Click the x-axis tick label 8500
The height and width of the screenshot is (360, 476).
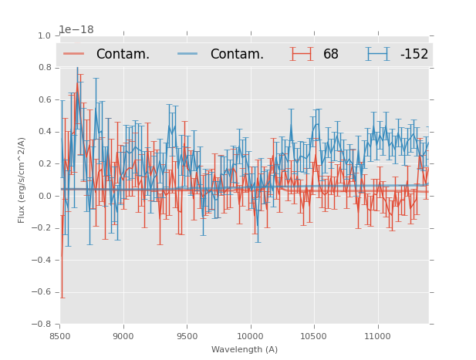coord(59,336)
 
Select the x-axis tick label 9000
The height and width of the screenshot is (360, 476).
coord(123,336)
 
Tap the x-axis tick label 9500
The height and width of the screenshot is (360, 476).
coord(187,336)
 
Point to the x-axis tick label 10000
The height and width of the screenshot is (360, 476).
coord(250,336)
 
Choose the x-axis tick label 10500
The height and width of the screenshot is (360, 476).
coord(314,336)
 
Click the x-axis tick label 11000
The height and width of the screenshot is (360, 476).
coord(377,336)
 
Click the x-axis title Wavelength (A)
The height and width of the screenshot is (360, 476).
coord(245,349)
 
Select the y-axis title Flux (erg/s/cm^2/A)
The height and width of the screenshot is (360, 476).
coord(22,180)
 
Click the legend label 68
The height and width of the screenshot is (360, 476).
coord(331,54)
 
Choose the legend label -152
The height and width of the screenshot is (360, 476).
coord(414,54)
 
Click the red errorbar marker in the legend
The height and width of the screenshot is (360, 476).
coord(302,54)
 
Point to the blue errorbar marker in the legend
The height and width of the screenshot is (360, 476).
coord(378,54)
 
